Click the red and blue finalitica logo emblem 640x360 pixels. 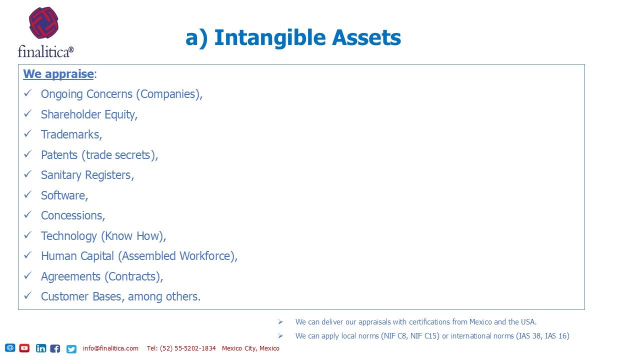(x=43, y=22)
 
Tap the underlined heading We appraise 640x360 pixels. (x=58, y=74)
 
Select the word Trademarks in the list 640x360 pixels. (x=70, y=134)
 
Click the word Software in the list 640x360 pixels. (x=63, y=195)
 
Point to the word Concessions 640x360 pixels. (x=71, y=215)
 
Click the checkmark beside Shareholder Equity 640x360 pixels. (x=27, y=113)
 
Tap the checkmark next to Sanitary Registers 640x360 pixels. (x=27, y=174)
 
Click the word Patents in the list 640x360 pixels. (x=59, y=155)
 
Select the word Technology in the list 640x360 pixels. (x=69, y=236)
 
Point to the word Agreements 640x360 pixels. (x=70, y=277)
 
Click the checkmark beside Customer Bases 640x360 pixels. (x=27, y=295)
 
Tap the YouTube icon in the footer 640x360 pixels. (x=24, y=348)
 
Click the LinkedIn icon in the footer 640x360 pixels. (x=41, y=348)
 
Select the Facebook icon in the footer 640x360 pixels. (x=55, y=348)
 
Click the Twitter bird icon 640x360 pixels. (x=71, y=349)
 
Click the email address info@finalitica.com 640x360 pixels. (x=110, y=348)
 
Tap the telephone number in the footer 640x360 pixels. (x=181, y=348)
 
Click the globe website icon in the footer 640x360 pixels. (x=10, y=347)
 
